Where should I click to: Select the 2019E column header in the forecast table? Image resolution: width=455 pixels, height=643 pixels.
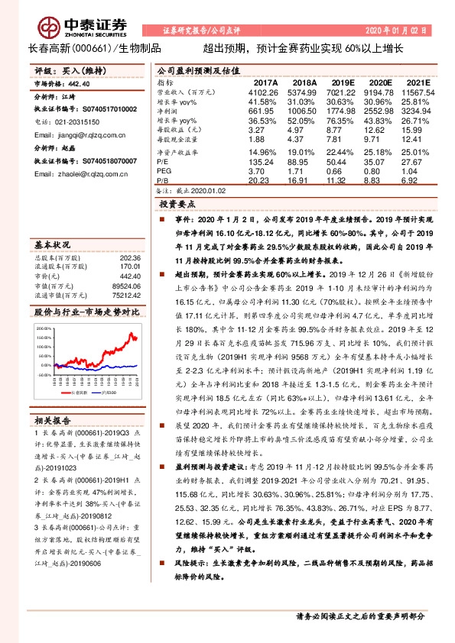344,82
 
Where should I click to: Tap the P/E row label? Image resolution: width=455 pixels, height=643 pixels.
163,162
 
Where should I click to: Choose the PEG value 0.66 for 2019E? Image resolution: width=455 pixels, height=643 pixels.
343,172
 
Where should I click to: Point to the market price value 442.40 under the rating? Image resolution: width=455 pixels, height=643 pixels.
80,83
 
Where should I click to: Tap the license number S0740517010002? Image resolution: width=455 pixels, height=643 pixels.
103,110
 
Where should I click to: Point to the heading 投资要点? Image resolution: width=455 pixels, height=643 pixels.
178,205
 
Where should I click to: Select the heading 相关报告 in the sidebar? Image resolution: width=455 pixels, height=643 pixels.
54,420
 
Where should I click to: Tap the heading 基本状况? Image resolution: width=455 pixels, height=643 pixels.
53,244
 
